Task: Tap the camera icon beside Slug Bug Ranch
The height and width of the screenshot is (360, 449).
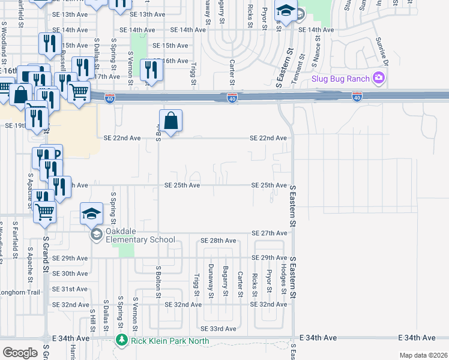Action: coord(378,77)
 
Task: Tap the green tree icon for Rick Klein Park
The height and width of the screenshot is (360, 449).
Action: coord(121,341)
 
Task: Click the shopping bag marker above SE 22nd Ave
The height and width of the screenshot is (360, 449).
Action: coord(171,121)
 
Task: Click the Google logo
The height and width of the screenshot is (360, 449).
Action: coord(20,353)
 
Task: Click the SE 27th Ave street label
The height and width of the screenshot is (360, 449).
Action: coord(270,233)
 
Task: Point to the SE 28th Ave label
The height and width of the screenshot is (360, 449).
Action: coord(218,241)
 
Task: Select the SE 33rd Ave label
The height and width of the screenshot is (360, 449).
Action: coord(218,329)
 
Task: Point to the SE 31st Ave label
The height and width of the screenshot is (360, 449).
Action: coord(70,289)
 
